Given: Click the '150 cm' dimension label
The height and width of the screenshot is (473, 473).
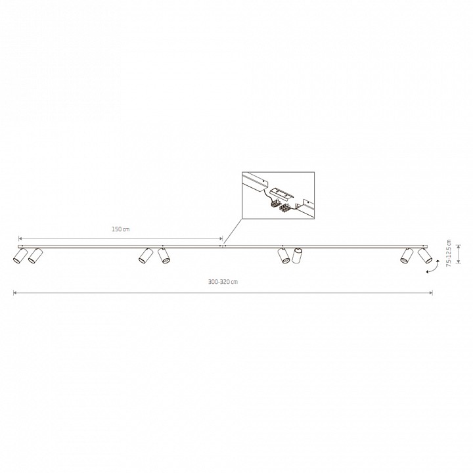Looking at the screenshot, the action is pyautogui.click(x=121, y=229).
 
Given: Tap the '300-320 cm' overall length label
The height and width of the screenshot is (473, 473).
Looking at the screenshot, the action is pyautogui.click(x=223, y=282).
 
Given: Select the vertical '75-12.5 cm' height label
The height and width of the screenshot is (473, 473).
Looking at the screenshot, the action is pyautogui.click(x=449, y=253).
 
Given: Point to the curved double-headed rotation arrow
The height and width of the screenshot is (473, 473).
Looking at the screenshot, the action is pyautogui.click(x=432, y=268).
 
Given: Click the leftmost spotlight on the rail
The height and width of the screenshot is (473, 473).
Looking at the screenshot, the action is pyautogui.click(x=20, y=256).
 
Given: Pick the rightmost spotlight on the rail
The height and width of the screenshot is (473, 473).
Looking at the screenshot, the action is pyautogui.click(x=425, y=256).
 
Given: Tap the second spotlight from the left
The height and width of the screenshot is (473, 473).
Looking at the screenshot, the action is pyautogui.click(x=35, y=256).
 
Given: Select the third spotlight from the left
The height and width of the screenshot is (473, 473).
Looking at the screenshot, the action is pyautogui.click(x=146, y=256).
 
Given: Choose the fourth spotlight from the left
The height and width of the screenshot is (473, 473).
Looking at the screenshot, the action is pyautogui.click(x=164, y=256).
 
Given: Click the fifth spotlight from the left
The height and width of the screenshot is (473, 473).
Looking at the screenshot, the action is pyautogui.click(x=284, y=256).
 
